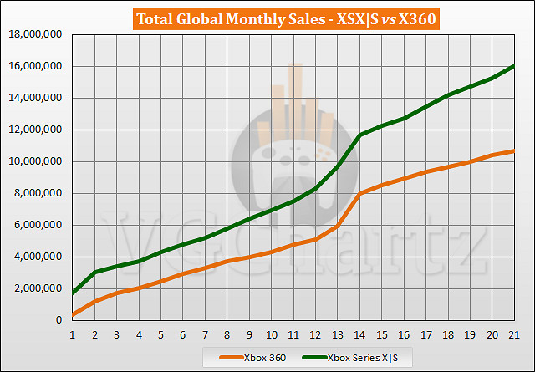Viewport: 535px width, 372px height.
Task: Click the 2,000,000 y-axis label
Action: click(38, 288)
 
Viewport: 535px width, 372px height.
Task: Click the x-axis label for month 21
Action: click(514, 334)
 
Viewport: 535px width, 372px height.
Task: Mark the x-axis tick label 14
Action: click(359, 334)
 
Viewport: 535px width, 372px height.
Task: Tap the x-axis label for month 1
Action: click(73, 334)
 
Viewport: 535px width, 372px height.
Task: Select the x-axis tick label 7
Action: click(205, 334)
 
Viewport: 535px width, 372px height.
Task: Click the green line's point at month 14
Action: click(359, 135)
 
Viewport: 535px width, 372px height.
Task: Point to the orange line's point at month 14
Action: click(359, 193)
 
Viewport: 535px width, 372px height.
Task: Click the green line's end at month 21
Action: click(514, 65)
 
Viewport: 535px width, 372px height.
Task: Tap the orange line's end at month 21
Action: click(514, 150)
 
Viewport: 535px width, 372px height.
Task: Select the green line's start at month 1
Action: click(73, 293)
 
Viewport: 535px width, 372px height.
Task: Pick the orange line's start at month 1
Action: click(73, 314)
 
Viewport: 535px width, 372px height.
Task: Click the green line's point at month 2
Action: click(95, 273)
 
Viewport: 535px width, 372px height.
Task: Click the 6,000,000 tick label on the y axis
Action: click(38, 225)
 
